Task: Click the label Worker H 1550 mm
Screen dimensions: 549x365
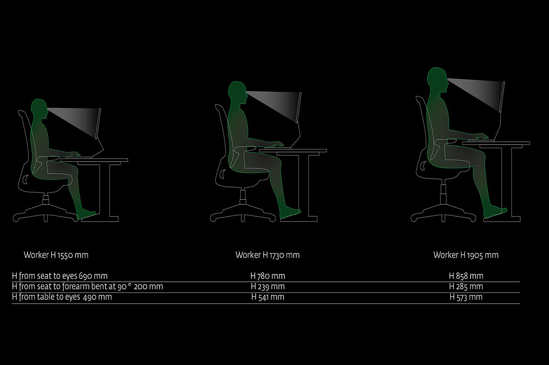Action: point(56,255)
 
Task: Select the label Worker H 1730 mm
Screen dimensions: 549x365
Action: point(268,255)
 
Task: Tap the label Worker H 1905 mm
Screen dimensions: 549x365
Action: point(466,255)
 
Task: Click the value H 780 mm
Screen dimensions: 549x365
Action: point(268,276)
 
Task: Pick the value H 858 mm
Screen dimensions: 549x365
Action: point(466,276)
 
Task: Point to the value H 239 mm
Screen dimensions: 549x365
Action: point(268,286)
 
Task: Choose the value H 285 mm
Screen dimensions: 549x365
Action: point(466,286)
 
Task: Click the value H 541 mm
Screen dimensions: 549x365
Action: point(268,297)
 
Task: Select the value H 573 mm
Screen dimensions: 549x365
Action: point(466,297)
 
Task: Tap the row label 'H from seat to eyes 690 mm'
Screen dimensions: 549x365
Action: point(60,276)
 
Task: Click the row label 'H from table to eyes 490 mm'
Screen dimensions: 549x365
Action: point(62,297)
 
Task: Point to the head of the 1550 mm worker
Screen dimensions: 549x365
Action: point(39,107)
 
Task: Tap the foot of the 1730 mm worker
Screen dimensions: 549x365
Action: point(290,212)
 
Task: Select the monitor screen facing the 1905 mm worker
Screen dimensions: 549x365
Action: point(502,97)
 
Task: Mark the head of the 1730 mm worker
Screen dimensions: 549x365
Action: point(237,91)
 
